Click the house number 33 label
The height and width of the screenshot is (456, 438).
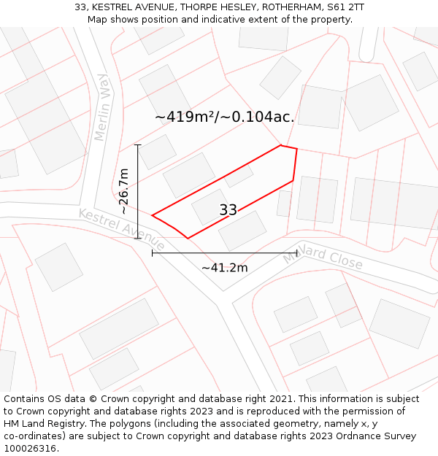[228, 210]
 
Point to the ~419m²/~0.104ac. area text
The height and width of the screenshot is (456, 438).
[225, 117]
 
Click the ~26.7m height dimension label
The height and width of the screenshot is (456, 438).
[124, 191]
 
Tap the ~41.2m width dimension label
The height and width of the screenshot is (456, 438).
[224, 268]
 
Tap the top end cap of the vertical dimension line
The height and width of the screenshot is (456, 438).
[137, 145]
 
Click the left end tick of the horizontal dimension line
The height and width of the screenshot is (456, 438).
[152, 253]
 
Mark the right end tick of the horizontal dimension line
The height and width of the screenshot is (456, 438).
[296, 253]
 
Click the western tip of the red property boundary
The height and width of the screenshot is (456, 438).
[152, 215]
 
